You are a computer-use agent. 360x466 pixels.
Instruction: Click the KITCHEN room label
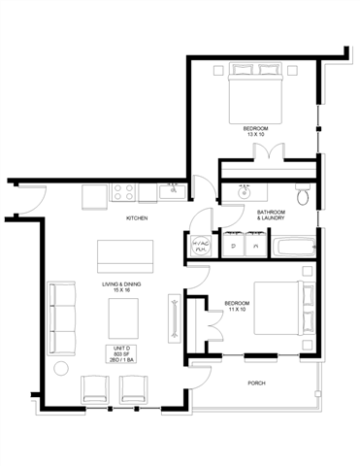coord(137,218)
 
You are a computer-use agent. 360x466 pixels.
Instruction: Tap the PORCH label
coord(257,383)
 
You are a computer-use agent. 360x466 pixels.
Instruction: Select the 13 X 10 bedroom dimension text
coord(257,134)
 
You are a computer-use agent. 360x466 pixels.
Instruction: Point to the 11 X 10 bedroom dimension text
coord(237,310)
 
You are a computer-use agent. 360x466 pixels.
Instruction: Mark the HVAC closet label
coord(201,246)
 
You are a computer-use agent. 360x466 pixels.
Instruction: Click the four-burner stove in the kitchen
coord(123,191)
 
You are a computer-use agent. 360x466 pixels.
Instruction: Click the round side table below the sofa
coord(62,368)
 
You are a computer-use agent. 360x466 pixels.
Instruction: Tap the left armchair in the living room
coord(95,389)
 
